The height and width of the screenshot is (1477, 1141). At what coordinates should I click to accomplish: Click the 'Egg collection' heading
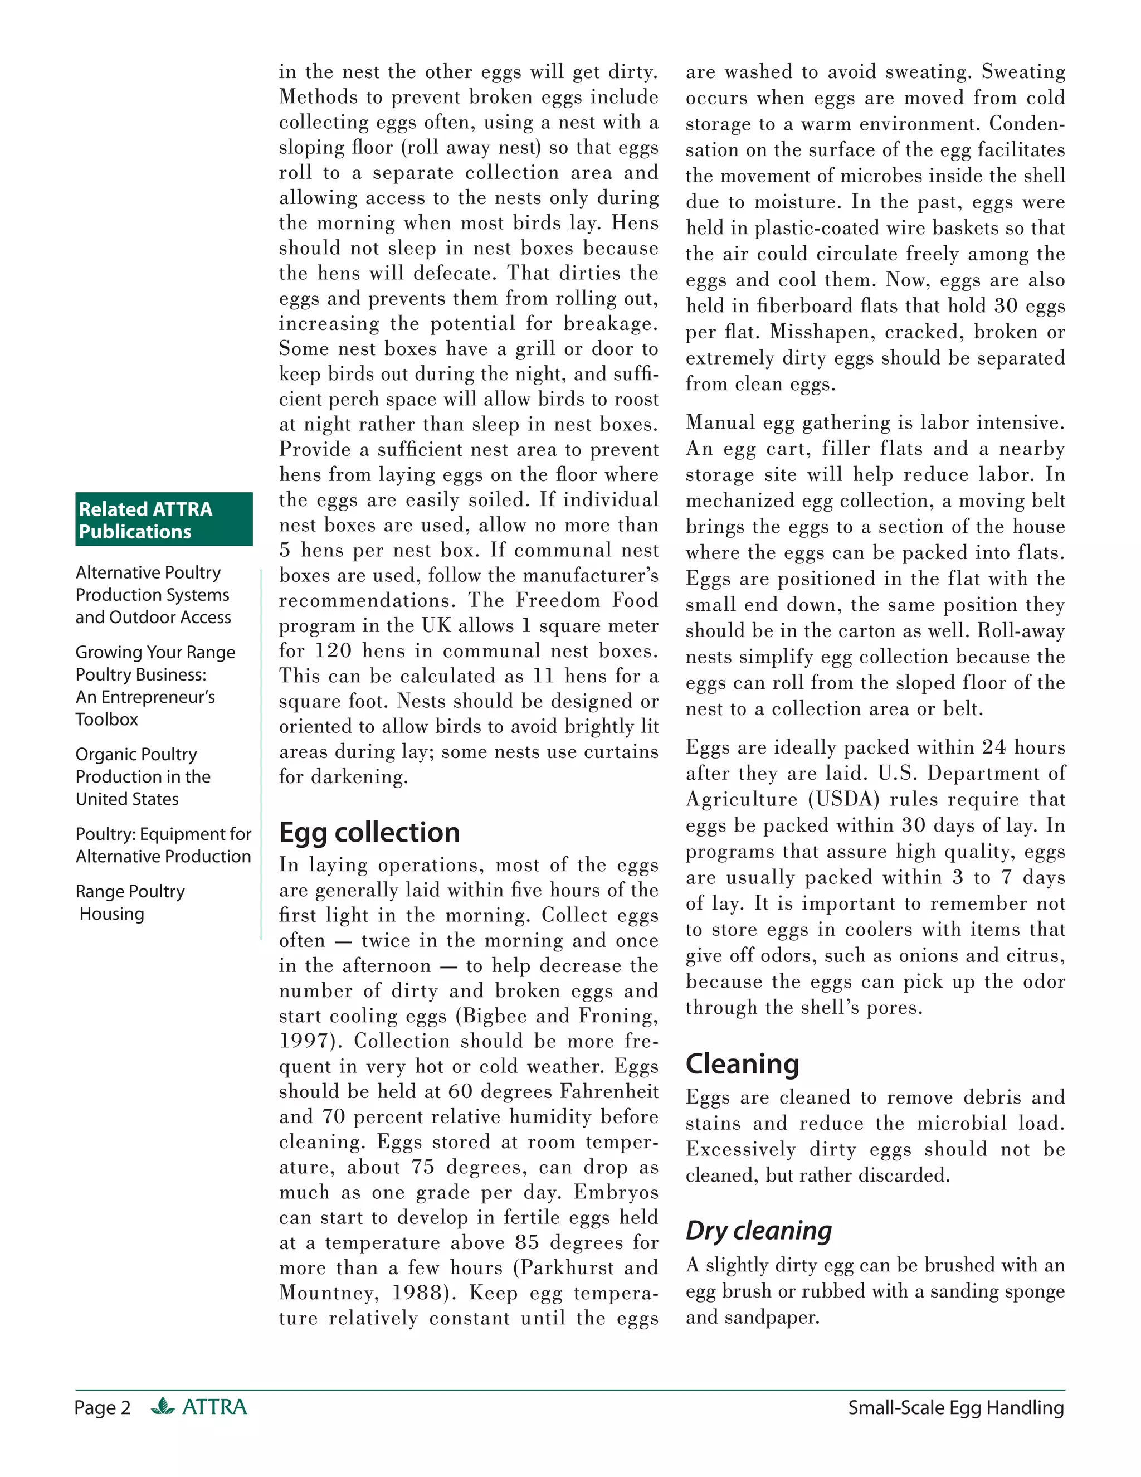(369, 833)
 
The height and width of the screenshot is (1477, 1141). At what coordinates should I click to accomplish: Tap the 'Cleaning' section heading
(742, 1064)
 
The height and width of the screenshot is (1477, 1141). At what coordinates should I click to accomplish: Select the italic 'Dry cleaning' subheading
(758, 1230)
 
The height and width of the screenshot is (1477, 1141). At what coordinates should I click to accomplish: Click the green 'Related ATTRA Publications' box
(164, 519)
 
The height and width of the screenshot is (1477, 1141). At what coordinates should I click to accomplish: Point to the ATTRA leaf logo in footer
(163, 1407)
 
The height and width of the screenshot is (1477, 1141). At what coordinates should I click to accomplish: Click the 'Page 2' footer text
(102, 1408)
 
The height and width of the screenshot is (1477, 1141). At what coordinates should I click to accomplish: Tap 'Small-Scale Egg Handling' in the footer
(956, 1408)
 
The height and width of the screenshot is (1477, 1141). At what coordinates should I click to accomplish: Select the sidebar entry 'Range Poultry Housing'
(129, 902)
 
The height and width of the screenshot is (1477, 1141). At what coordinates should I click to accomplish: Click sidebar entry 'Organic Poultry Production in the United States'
(142, 776)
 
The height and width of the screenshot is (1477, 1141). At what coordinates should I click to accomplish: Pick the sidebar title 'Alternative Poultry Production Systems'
(152, 584)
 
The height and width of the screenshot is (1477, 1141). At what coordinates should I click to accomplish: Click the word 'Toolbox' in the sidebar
(107, 720)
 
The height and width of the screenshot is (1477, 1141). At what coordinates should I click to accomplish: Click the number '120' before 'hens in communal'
(333, 650)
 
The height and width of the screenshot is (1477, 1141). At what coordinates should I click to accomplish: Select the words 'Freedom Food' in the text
(587, 600)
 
